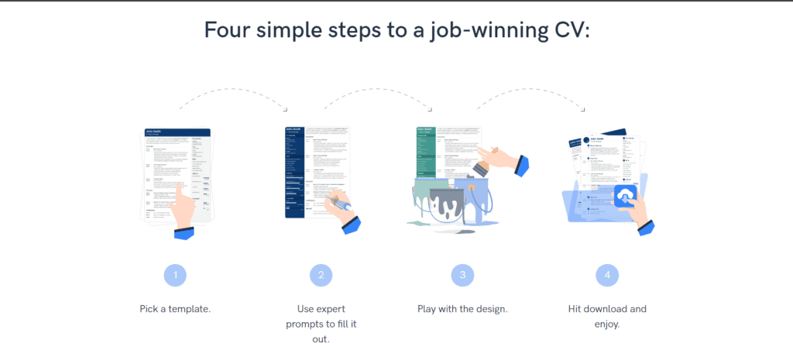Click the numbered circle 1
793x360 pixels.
176,274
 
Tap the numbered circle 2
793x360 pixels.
321,274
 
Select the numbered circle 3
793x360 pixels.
462,274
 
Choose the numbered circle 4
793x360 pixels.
607,274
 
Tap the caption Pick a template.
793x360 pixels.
175,308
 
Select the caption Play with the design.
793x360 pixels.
462,308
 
